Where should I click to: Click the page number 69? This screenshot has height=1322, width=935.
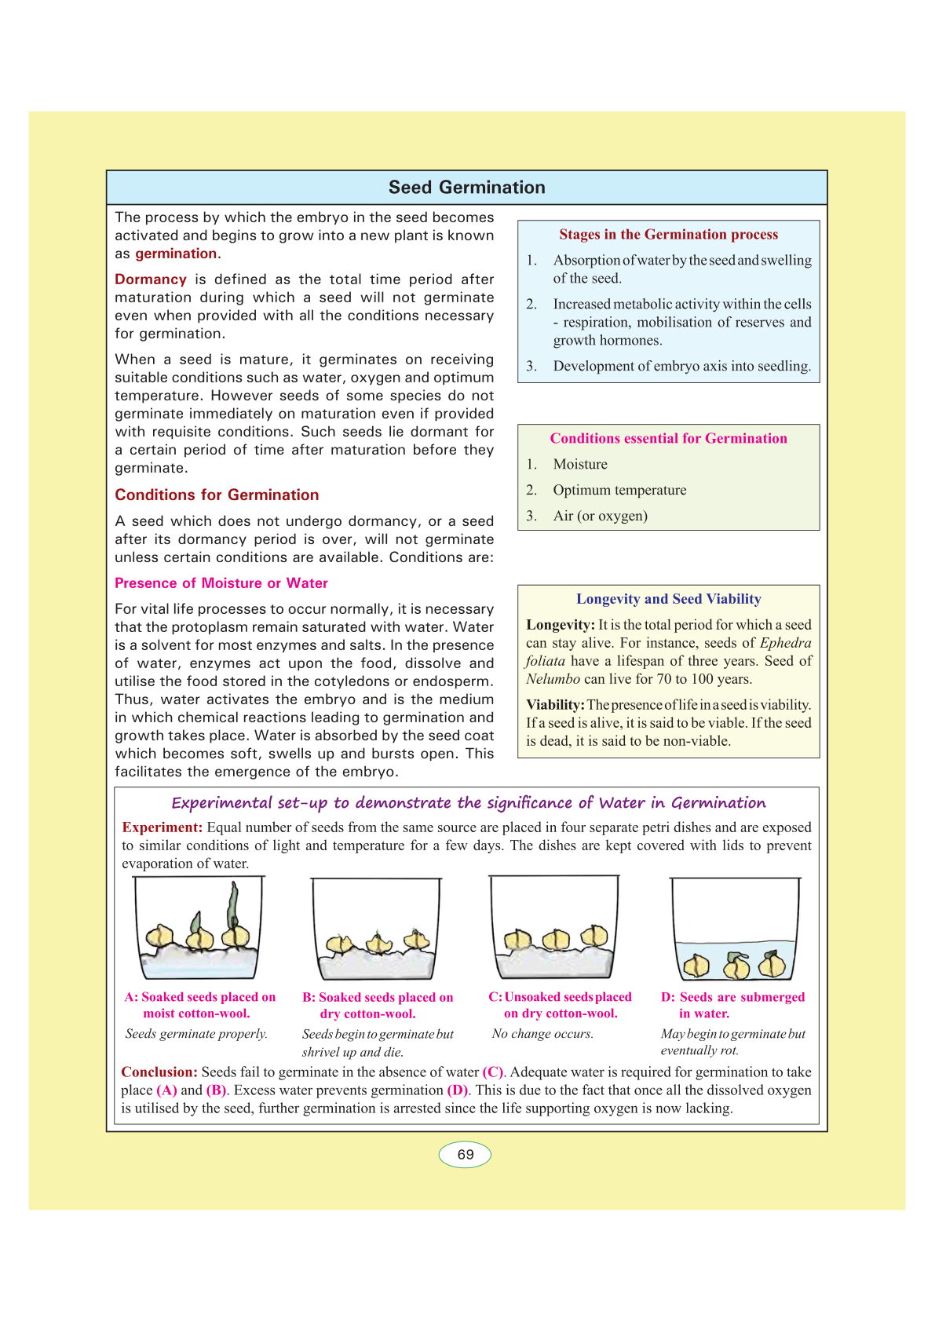pos(466,1155)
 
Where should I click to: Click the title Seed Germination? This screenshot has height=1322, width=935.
pos(466,188)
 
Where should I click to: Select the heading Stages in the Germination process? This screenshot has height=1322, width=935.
pos(668,235)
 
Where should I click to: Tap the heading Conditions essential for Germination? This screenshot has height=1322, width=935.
pos(668,439)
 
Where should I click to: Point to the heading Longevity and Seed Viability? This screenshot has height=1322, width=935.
pos(668,599)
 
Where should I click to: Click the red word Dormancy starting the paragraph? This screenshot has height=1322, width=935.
pos(151,279)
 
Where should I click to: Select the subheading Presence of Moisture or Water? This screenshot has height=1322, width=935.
pos(221,583)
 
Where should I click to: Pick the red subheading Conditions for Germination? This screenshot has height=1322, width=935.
pos(217,495)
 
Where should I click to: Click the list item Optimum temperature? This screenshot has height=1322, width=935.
pos(619,491)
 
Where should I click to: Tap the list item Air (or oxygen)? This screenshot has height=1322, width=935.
pos(600,517)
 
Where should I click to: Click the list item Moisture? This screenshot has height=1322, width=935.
pos(580,465)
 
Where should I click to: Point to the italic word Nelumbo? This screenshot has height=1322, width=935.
pos(553,679)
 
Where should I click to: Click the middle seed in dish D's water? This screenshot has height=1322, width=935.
pos(736,966)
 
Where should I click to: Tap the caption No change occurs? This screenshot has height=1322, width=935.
pos(542,1034)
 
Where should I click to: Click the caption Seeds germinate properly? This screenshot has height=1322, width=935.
pos(196,1034)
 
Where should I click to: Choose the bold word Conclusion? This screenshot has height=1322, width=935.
pos(159,1072)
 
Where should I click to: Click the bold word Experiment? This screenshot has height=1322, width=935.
pos(163,827)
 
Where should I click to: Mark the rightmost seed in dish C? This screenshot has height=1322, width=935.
pos(594,936)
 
